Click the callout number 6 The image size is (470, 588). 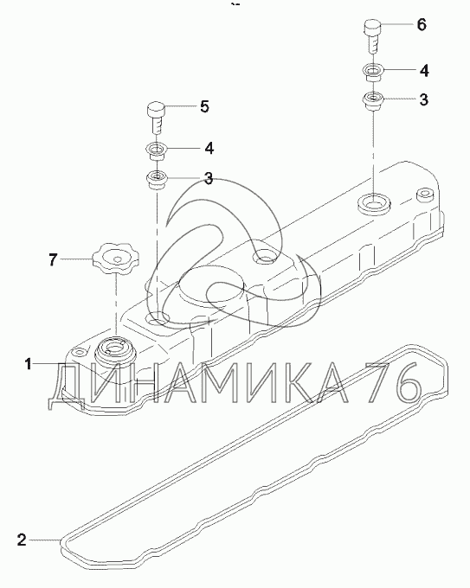(422, 25)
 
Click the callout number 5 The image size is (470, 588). (204, 106)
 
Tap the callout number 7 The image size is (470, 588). (54, 259)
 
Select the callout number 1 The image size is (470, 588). (28, 364)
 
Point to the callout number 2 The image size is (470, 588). (22, 540)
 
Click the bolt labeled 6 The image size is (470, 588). (372, 37)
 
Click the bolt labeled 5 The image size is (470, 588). (155, 117)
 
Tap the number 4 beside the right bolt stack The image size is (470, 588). (424, 71)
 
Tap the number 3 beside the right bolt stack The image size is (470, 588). (423, 99)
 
